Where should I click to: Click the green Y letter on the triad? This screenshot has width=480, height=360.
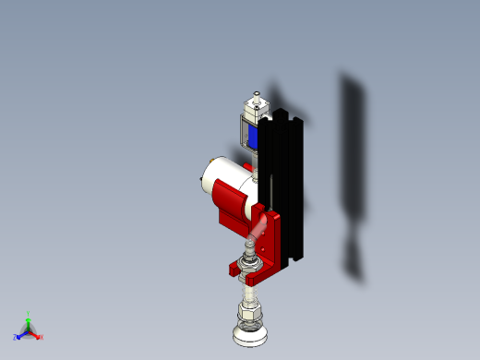(29, 314)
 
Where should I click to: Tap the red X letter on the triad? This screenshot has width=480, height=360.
(42, 337)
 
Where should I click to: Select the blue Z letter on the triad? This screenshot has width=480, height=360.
(15, 337)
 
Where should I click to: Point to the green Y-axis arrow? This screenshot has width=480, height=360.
(29, 322)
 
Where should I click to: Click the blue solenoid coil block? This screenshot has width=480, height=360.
(251, 138)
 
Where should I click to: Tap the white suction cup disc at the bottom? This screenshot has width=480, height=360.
(251, 338)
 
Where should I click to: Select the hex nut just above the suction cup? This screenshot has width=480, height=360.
(251, 318)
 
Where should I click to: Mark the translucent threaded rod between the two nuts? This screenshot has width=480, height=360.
(250, 294)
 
